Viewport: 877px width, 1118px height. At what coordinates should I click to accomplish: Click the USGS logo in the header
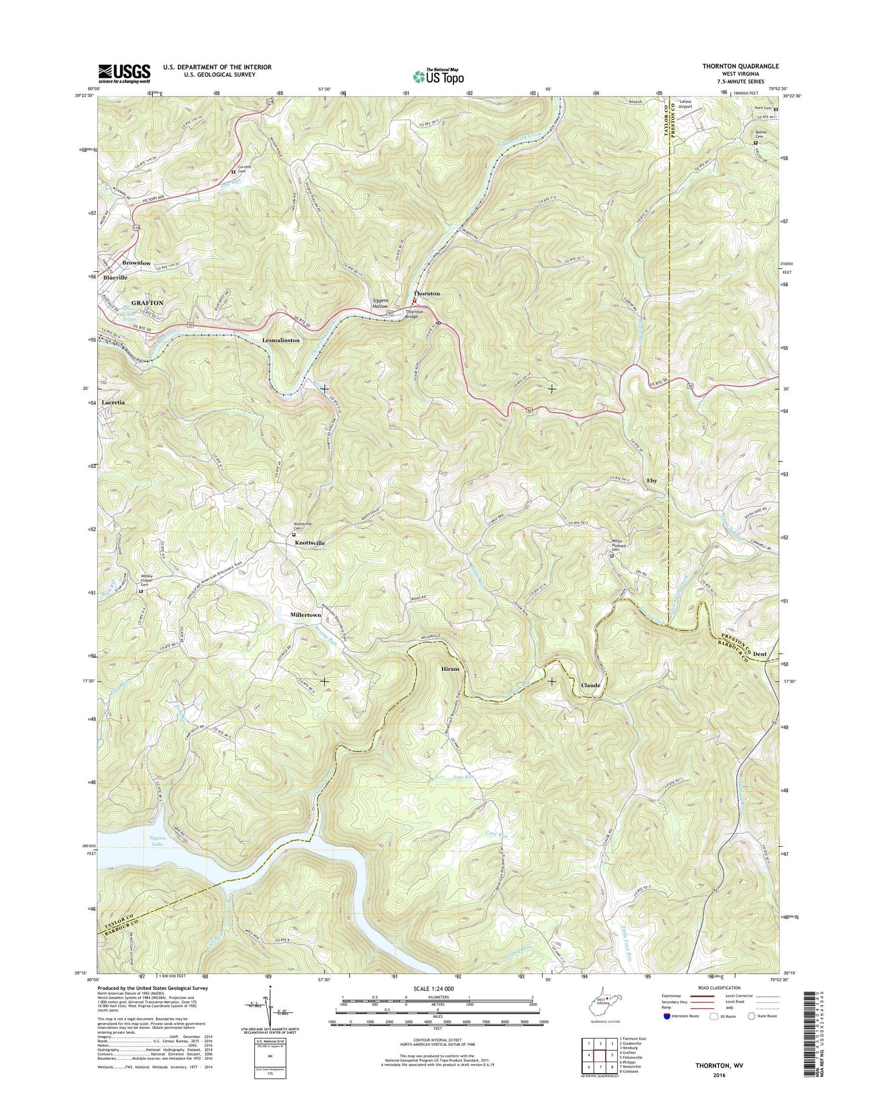tap(124, 73)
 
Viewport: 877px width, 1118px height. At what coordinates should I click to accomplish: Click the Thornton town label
tap(427, 293)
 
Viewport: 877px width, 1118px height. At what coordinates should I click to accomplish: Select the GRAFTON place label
tap(147, 302)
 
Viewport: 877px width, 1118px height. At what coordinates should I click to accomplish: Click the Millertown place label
tap(305, 615)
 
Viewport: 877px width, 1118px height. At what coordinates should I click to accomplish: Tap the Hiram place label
tap(450, 668)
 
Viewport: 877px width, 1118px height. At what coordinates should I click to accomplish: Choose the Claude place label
tap(591, 685)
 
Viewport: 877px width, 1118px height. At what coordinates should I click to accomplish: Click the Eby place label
tap(652, 480)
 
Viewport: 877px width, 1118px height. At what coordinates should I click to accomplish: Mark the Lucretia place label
tap(114, 402)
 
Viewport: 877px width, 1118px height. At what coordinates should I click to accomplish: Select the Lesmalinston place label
tap(281, 340)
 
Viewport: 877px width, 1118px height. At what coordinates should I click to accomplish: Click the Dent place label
tap(759, 654)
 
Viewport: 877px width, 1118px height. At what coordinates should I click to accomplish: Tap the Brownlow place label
tap(137, 263)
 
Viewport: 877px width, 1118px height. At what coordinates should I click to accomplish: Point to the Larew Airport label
tap(685, 104)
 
